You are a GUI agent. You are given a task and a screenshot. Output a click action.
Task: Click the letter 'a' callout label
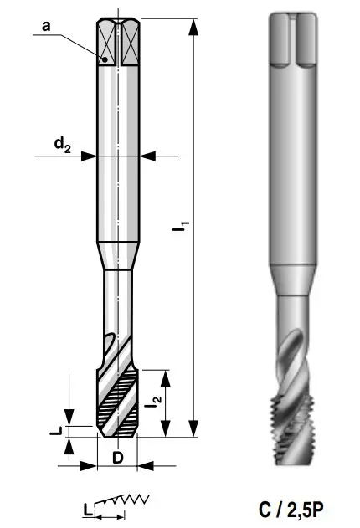pyautogui.click(x=46, y=26)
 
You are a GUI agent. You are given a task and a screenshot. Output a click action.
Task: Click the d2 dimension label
pyautogui.click(x=63, y=145)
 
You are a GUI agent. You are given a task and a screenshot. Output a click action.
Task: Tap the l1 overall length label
pyautogui.click(x=181, y=226)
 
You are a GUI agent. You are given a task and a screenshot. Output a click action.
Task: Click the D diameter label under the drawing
pyautogui.click(x=117, y=458)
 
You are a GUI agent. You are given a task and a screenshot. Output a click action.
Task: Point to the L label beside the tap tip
pyautogui.click(x=56, y=430)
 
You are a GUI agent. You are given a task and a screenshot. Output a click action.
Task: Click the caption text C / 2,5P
pyautogui.click(x=291, y=510)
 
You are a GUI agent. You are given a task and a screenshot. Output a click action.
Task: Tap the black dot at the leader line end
pyautogui.click(x=105, y=59)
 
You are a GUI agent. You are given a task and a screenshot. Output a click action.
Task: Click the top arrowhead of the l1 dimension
pyautogui.click(x=193, y=27)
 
